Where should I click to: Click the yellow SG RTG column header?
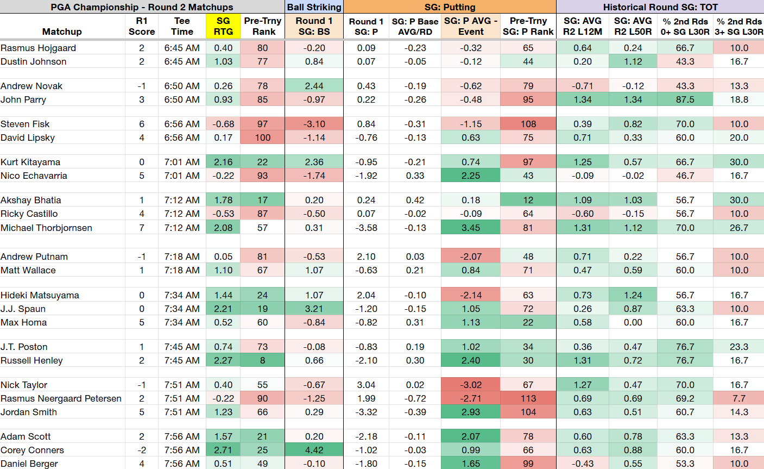coord(223,26)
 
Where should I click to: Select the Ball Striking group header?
coord(314,7)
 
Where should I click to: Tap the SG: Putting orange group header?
coord(450,7)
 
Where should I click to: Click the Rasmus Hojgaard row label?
coord(38,48)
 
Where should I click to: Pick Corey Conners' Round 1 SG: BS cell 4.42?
coord(314,450)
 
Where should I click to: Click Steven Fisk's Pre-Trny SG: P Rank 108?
coord(528,124)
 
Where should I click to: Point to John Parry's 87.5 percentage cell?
coord(685,99)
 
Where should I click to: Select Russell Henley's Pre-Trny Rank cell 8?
coord(262,360)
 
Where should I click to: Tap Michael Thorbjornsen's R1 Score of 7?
coord(142,228)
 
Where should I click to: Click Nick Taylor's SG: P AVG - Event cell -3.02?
coord(471,385)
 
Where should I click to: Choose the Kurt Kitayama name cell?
coord(30,162)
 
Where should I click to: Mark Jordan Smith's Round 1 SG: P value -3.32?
coord(366,412)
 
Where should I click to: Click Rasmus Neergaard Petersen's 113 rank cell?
coord(528,398)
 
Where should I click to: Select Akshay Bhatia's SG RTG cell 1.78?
coord(223,200)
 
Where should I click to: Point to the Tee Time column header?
coord(182,26)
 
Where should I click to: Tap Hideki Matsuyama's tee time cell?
coord(182,295)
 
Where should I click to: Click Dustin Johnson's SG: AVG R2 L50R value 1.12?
coord(633,61)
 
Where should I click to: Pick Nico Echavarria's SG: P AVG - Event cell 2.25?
coord(471,176)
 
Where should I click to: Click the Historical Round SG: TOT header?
coord(660,7)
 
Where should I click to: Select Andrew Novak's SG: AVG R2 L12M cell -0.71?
coord(582,86)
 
